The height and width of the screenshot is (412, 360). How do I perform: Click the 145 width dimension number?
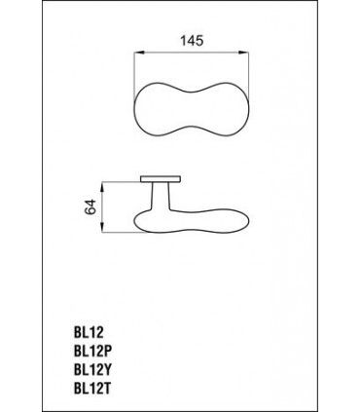pyautogui.click(x=192, y=41)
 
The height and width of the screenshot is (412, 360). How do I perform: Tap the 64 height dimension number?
pyautogui.click(x=90, y=206)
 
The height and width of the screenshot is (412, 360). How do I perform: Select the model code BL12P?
pyautogui.click(x=94, y=351)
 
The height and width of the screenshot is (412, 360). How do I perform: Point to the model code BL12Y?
pyautogui.click(x=94, y=369)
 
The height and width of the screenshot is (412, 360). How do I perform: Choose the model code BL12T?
pyautogui.click(x=92, y=389)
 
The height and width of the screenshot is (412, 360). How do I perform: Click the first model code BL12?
pyautogui.click(x=89, y=332)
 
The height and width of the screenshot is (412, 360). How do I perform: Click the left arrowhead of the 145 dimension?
pyautogui.click(x=138, y=53)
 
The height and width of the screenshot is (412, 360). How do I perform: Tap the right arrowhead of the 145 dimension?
pyautogui.click(x=244, y=53)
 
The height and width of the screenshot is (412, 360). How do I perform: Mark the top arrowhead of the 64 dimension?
pyautogui.click(x=102, y=187)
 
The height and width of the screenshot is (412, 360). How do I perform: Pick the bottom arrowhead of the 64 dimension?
pyautogui.click(x=102, y=228)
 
